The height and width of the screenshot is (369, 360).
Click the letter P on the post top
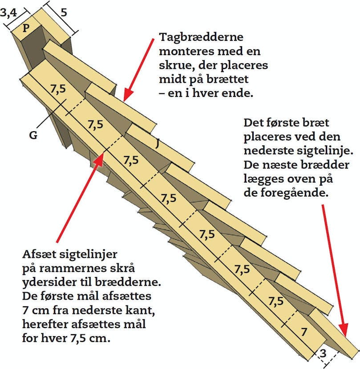pyautogui.click(x=26, y=28)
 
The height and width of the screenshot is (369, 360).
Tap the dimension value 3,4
pyautogui.click(x=9, y=12)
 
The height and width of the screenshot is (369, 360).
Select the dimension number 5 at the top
pyautogui.click(x=64, y=12)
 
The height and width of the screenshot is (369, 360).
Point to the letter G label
pyautogui.click(x=33, y=135)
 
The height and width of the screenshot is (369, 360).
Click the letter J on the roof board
pyautogui.click(x=158, y=144)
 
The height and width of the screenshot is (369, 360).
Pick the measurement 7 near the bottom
pyautogui.click(x=304, y=332)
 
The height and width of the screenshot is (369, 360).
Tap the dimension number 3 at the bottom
pyautogui.click(x=323, y=353)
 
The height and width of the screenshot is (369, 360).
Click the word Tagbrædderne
pyautogui.click(x=201, y=38)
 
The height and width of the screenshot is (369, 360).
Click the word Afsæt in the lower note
pyautogui.click(x=39, y=254)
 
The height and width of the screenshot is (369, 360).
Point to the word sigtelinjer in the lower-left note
pyautogui.click(x=88, y=255)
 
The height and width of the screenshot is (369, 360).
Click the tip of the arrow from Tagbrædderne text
pyautogui.click(x=124, y=101)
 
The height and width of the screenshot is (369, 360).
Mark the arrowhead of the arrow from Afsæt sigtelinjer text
pyautogui.click(x=104, y=153)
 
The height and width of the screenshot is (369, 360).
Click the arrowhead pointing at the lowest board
pyautogui.click(x=345, y=336)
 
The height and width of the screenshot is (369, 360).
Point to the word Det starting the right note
pyautogui.click(x=253, y=123)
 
